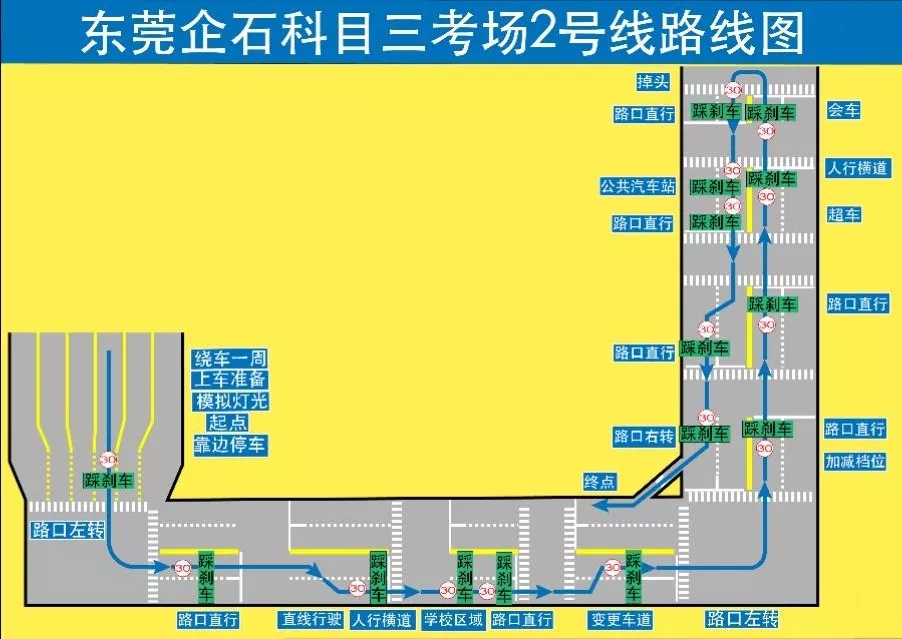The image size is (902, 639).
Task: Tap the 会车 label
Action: click(843, 111)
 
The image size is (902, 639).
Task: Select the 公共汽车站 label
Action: click(638, 186)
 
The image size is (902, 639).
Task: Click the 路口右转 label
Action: click(644, 437)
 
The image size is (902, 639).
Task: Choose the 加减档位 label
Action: click(855, 461)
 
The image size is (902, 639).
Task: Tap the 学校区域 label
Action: click(453, 620)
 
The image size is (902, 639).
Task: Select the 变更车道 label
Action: click(620, 620)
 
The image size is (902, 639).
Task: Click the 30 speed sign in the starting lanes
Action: click(108, 460)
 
